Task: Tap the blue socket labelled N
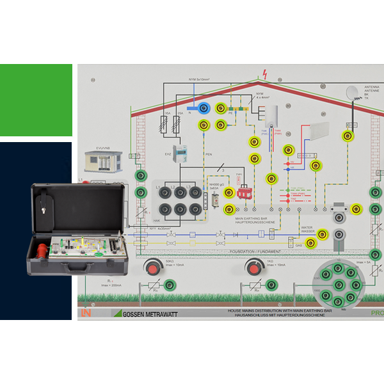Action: point(204,109)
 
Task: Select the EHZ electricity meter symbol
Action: point(182,153)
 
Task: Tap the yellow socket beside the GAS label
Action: point(311,243)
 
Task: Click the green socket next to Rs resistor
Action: point(169,285)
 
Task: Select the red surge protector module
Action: point(244,192)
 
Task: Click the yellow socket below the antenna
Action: point(348,135)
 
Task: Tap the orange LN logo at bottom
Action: point(86,314)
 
